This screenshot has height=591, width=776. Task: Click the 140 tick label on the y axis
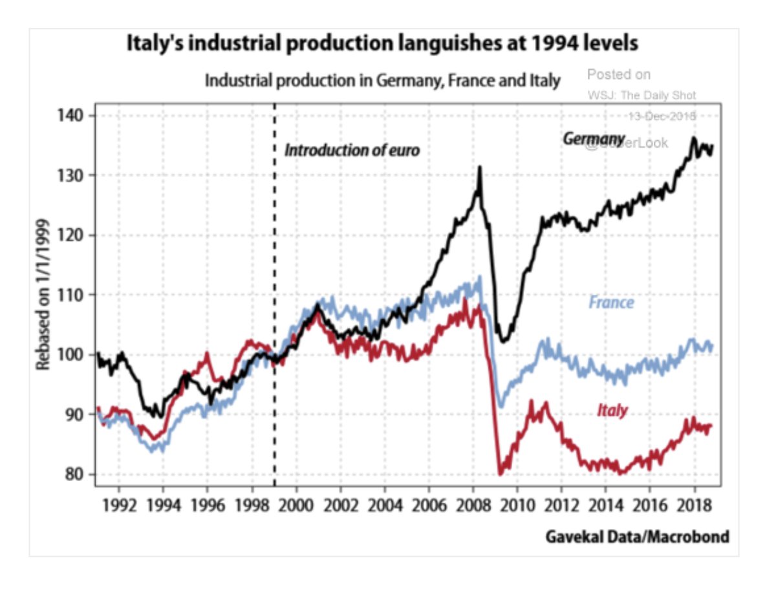pyautogui.click(x=73, y=116)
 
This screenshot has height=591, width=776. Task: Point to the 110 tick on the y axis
pyautogui.click(x=73, y=295)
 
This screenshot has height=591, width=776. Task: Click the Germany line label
pyautogui.click(x=594, y=139)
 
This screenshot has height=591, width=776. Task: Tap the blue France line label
pyautogui.click(x=611, y=302)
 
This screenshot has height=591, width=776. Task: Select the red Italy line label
pyautogui.click(x=612, y=410)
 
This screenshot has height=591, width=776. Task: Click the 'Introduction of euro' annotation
pyautogui.click(x=352, y=151)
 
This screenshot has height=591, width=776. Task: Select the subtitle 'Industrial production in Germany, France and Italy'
pyautogui.click(x=382, y=81)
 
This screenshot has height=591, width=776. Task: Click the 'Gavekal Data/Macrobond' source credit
pyautogui.click(x=637, y=536)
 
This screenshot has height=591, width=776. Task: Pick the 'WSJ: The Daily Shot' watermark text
pyautogui.click(x=641, y=96)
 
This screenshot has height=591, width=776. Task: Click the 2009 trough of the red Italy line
pyautogui.click(x=500, y=474)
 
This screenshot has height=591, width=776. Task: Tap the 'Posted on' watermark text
pyautogui.click(x=618, y=74)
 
